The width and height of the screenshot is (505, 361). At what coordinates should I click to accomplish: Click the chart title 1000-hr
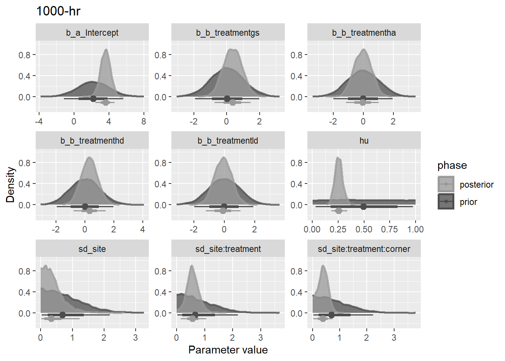pos(58,11)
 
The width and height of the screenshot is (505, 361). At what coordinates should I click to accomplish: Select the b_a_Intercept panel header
pos(92,33)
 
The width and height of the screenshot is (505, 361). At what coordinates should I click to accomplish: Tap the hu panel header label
pos(364,141)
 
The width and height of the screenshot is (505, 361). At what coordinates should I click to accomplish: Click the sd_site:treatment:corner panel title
pos(364,249)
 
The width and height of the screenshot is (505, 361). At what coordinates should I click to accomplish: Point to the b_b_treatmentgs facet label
pos(228,33)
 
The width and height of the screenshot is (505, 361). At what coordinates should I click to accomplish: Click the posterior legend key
pos(446,184)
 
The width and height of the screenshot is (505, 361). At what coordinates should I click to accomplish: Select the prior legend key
pos(446,202)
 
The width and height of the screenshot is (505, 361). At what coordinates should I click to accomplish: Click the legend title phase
pos(452,165)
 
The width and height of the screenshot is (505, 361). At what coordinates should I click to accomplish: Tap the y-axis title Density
pos(10,185)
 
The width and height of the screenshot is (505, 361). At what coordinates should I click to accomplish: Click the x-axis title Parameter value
pos(228,350)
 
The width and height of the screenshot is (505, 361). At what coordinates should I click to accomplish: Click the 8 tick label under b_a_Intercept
pos(144,121)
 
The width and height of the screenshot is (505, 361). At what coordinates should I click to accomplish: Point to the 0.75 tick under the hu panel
pos(389,229)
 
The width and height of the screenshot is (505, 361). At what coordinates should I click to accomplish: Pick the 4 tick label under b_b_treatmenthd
pos(142,229)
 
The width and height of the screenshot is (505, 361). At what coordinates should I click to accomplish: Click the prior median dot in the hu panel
pos(363,206)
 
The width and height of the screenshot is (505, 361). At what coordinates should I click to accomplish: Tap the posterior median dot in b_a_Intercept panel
pos(106,102)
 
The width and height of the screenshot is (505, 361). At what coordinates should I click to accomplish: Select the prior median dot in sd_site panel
pos(62,315)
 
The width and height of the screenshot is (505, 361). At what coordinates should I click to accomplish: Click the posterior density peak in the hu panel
pos(338,158)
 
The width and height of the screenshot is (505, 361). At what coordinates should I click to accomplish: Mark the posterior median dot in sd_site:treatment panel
pos(193,319)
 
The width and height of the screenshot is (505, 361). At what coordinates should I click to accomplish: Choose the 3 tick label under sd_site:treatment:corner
pos(394,338)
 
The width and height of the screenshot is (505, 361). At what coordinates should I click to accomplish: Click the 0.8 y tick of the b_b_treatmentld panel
pos(160,163)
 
